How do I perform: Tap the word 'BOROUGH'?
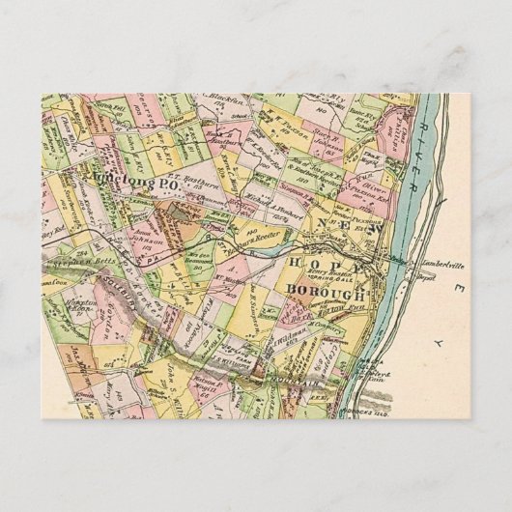pos(324,291)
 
